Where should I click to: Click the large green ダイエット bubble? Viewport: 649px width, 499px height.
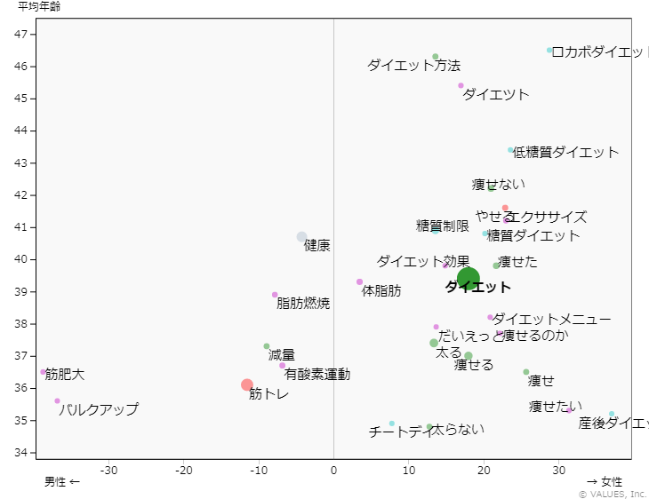pyautogui.click(x=469, y=278)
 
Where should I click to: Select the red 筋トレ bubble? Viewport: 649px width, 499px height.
pyautogui.click(x=247, y=384)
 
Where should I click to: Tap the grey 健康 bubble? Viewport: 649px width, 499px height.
pyautogui.click(x=302, y=237)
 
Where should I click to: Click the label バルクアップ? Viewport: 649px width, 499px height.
pyautogui.click(x=99, y=409)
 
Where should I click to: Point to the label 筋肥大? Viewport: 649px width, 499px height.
pyautogui.click(x=65, y=375)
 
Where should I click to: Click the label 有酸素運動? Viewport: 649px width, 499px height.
pyautogui.click(x=317, y=375)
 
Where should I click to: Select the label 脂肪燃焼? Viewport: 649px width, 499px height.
pyautogui.click(x=303, y=304)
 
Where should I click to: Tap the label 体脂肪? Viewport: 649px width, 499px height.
pyautogui.click(x=381, y=290)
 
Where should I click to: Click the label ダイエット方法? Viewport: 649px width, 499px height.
pyautogui.click(x=413, y=66)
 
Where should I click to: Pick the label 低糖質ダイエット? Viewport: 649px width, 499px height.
pyautogui.click(x=566, y=152)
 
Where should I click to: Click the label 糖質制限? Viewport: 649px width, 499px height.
pyautogui.click(x=443, y=226)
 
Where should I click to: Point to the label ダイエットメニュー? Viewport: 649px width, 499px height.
pyautogui.click(x=551, y=319)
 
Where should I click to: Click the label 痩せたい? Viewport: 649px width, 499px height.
pyautogui.click(x=557, y=407)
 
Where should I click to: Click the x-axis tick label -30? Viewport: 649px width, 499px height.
pyautogui.click(x=109, y=470)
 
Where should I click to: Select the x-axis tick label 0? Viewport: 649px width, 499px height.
pyautogui.click(x=333, y=470)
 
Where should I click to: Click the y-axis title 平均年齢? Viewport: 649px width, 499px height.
pyautogui.click(x=40, y=7)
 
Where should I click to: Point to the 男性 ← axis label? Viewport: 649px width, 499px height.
pyautogui.click(x=62, y=482)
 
